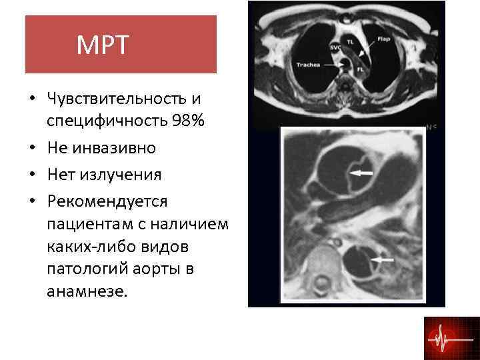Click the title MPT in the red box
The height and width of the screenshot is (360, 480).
pyautogui.click(x=102, y=45)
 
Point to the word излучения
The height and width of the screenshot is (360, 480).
pyautogui.click(x=121, y=175)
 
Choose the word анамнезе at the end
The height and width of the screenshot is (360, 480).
pyautogui.click(x=85, y=291)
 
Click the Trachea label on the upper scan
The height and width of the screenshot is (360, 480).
pyautogui.click(x=309, y=65)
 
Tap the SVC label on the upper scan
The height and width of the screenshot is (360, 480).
pyautogui.click(x=335, y=48)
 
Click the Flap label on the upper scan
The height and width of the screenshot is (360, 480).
pyautogui.click(x=383, y=39)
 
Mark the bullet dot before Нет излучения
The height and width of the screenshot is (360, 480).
pyautogui.click(x=32, y=175)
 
